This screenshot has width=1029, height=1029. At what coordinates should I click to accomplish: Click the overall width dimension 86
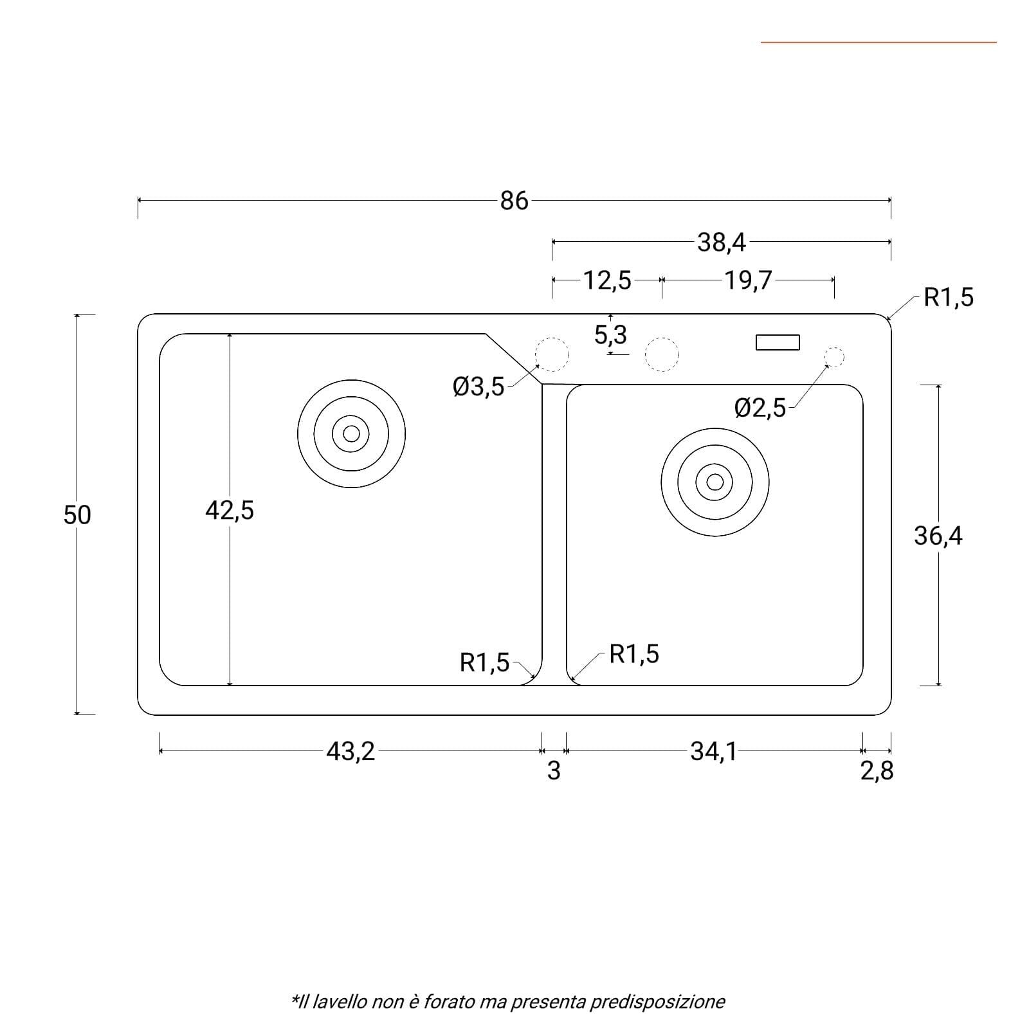click(x=514, y=201)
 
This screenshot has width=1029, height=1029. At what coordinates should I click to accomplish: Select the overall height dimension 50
click(x=77, y=515)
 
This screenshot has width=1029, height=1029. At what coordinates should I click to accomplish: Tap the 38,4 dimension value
click(x=722, y=242)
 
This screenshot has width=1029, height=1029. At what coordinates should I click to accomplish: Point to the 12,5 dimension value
click(x=607, y=280)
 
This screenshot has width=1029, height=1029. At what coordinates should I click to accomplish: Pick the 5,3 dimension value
click(x=610, y=334)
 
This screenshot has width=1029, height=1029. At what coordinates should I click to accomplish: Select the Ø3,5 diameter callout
click(x=479, y=387)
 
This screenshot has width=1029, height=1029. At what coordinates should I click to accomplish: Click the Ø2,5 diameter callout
click(x=760, y=408)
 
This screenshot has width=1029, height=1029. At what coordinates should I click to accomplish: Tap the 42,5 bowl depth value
click(x=230, y=511)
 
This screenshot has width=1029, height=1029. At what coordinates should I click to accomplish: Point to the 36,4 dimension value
click(x=938, y=535)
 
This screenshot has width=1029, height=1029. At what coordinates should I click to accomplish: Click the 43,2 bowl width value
click(x=351, y=751)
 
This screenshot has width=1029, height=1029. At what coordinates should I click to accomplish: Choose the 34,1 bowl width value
click(x=714, y=751)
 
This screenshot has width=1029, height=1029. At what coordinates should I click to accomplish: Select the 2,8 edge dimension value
click(x=877, y=770)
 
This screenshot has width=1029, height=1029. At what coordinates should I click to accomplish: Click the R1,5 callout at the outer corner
click(x=949, y=297)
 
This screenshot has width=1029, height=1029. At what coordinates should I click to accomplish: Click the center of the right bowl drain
click(x=715, y=482)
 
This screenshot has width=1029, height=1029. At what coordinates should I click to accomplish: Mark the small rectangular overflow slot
click(x=778, y=342)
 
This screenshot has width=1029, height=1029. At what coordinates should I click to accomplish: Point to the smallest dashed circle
click(x=834, y=357)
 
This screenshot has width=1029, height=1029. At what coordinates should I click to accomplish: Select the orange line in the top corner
click(x=879, y=42)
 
